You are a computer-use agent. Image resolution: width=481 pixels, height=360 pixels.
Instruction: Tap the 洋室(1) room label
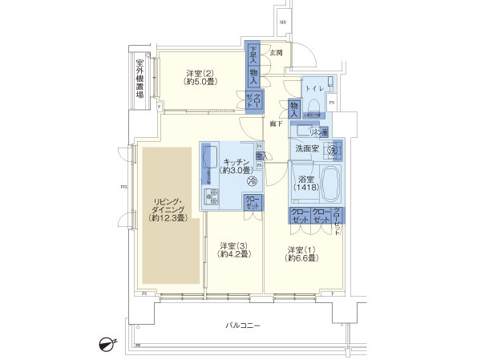coord(304,254)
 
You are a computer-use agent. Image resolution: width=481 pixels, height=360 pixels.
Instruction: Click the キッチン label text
coord(236,164)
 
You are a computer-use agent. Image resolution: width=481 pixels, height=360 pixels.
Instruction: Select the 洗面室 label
coord(306,148)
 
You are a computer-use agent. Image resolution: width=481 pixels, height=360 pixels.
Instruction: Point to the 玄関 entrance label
coord(275,52)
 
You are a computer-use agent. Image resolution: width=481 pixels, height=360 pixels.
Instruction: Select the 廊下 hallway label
coord(276,123)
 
